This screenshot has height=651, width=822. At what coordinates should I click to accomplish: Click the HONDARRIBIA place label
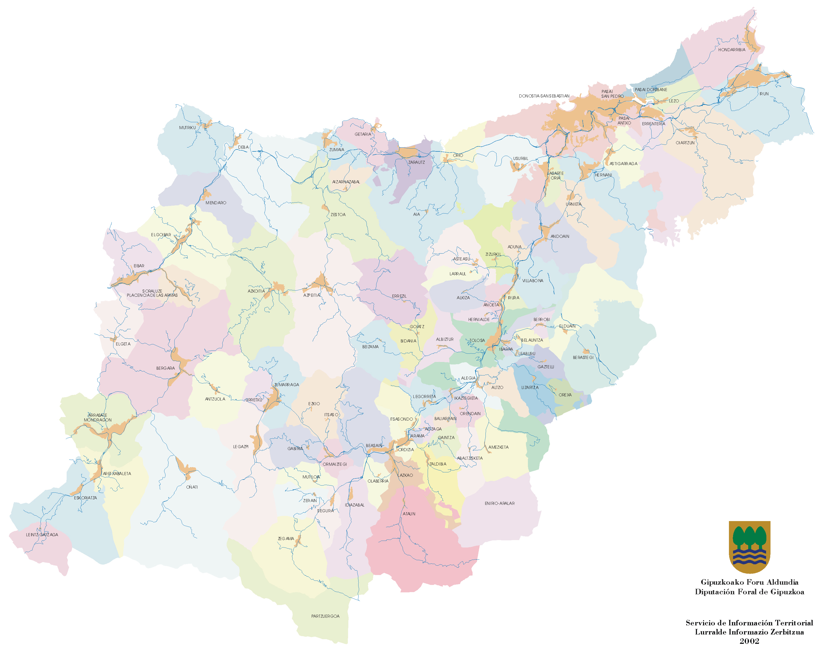pyautogui.click(x=731, y=50)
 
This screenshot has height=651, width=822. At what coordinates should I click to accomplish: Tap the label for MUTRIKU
pyautogui.click(x=187, y=128)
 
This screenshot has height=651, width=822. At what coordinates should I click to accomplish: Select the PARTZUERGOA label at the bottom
pyautogui.click(x=325, y=616)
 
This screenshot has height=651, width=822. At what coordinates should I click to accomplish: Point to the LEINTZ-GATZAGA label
pyautogui.click(x=42, y=535)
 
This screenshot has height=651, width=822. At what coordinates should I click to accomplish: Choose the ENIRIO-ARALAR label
pyautogui.click(x=500, y=503)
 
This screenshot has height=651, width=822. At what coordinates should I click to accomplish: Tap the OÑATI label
pyautogui.click(x=192, y=487)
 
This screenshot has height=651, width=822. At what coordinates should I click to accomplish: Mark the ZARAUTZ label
pyautogui.click(x=416, y=162)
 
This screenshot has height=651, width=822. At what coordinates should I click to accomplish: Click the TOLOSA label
pyautogui.click(x=477, y=341)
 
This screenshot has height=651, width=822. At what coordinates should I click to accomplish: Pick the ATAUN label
pyautogui.click(x=409, y=514)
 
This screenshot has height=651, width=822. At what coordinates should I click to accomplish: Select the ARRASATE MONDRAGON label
pyautogui.click(x=97, y=418)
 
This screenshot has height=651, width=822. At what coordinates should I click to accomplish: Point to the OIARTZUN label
pyautogui.click(x=685, y=143)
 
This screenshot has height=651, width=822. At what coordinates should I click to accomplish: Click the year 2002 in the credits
pyautogui.click(x=749, y=641)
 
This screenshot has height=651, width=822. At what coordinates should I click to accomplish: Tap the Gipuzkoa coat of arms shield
pyautogui.click(x=749, y=547)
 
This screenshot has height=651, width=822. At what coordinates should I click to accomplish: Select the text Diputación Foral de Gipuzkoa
pyautogui.click(x=749, y=592)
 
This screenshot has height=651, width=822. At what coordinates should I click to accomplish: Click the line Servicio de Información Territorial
pyautogui.click(x=749, y=623)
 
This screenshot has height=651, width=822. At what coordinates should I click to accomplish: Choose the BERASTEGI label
pyautogui.click(x=583, y=358)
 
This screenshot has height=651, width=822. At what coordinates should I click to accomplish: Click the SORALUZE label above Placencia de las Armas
pyautogui.click(x=152, y=291)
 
